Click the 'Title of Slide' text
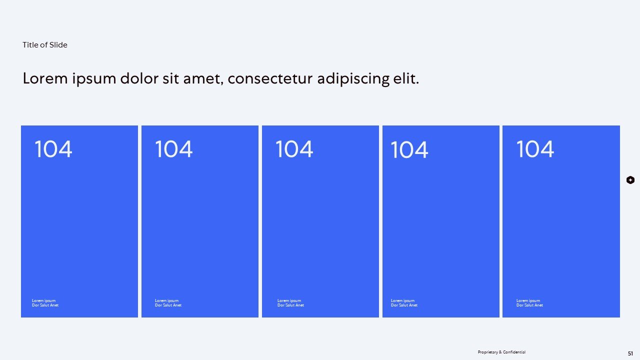tap(45, 45)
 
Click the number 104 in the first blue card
tap(53, 149)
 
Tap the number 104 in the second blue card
tap(174, 149)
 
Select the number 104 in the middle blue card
tap(294, 149)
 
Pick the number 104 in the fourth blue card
tap(409, 150)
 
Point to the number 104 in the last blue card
tap(535, 149)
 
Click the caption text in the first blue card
tap(45, 303)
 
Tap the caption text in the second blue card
tap(168, 303)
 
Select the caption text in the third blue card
tap(290, 303)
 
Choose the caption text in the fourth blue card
tap(404, 303)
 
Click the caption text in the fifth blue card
tap(529, 303)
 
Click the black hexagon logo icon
tap(630, 180)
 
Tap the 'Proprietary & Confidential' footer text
tap(501, 352)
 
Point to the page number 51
tap(630, 353)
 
